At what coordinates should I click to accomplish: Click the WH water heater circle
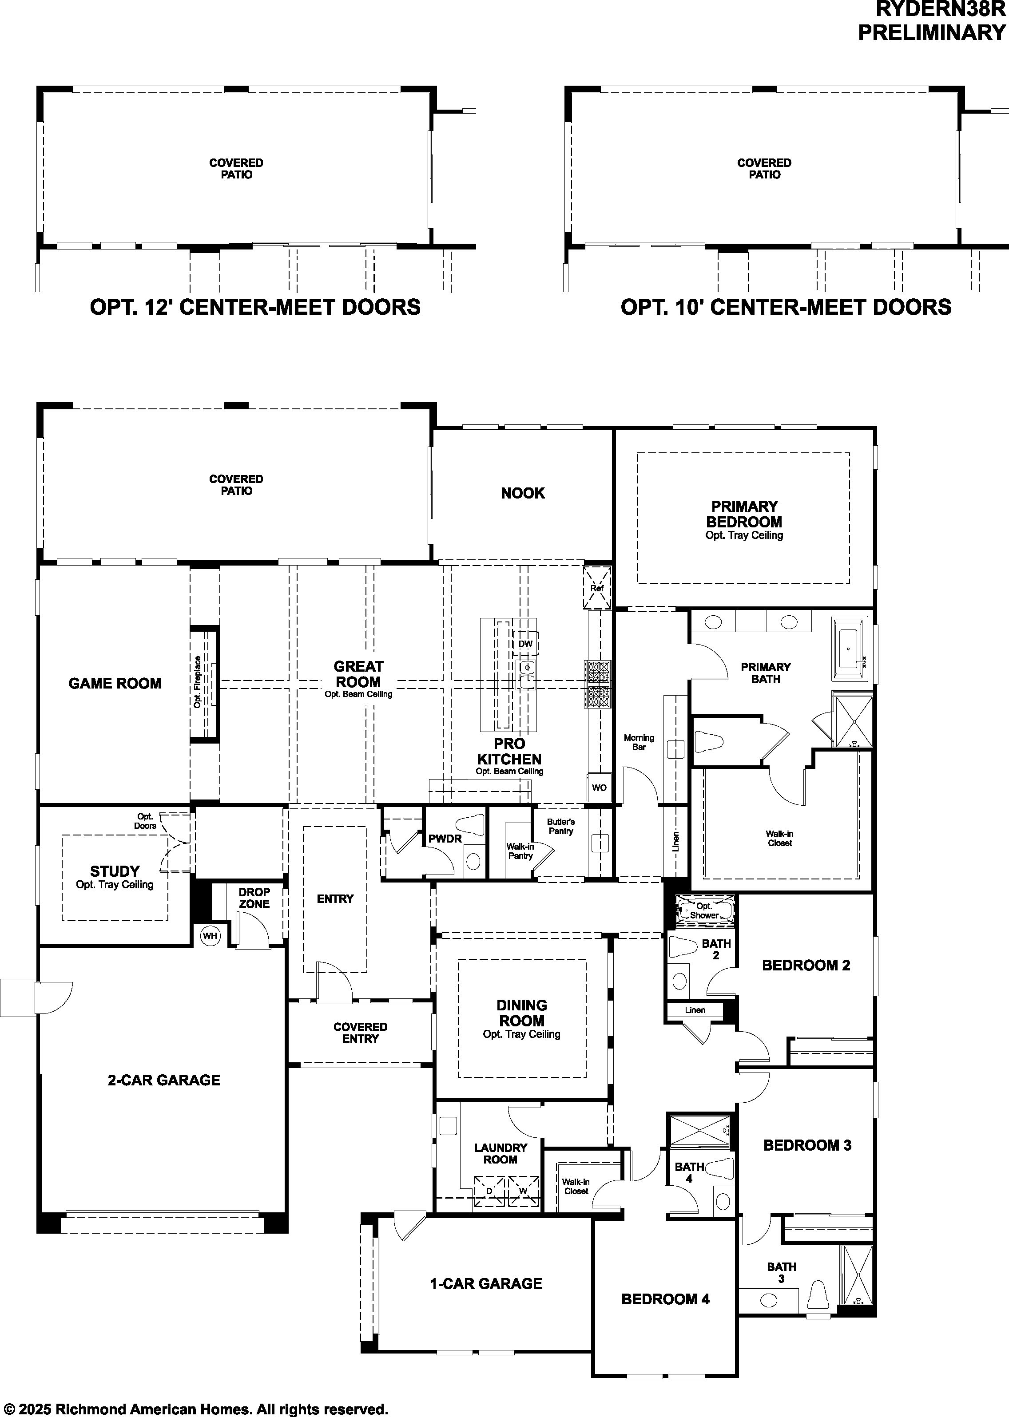click(x=210, y=936)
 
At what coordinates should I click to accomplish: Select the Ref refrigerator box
click(x=596, y=587)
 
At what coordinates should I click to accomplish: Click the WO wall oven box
click(x=599, y=788)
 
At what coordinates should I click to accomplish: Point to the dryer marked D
click(x=489, y=1191)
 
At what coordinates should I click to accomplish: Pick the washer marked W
click(x=523, y=1191)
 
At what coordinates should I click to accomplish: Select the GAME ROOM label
click(x=115, y=684)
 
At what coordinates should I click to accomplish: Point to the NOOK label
click(x=523, y=493)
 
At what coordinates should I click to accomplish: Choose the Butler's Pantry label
click(x=561, y=827)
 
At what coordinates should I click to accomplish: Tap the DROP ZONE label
click(x=254, y=898)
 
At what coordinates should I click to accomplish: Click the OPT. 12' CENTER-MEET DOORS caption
click(x=255, y=307)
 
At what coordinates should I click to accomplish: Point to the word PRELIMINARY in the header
click(x=932, y=32)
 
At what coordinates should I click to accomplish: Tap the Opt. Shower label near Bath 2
click(x=704, y=910)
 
